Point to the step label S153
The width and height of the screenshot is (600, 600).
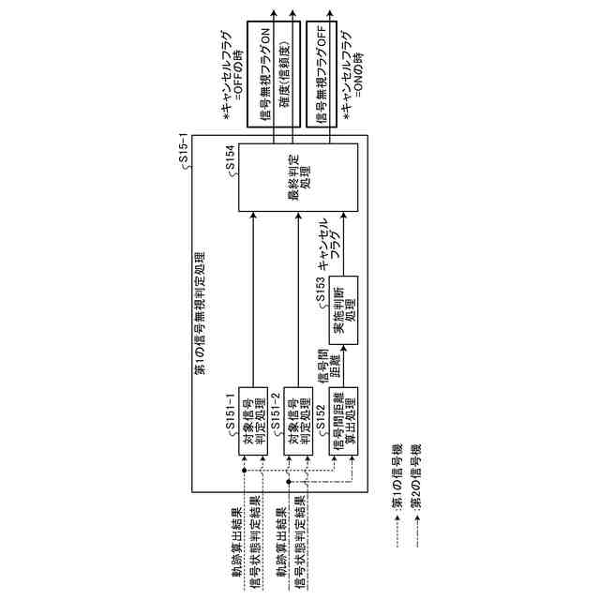coord(322,289)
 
